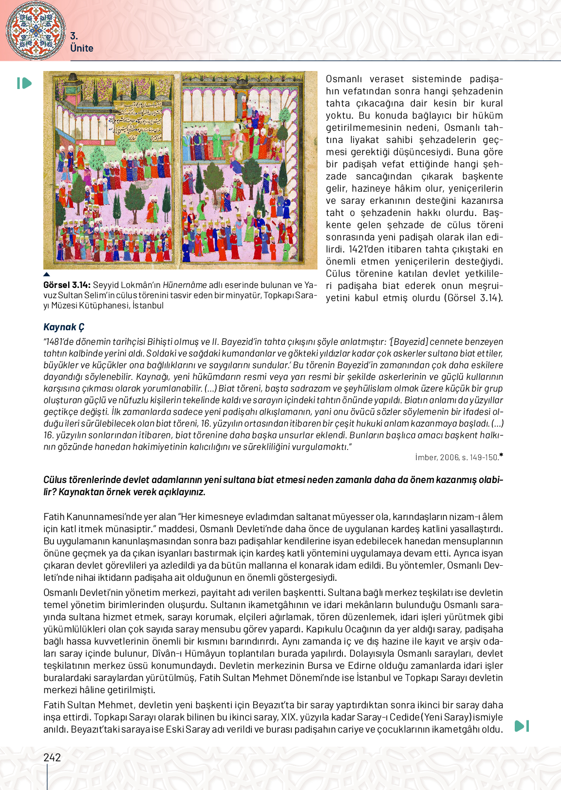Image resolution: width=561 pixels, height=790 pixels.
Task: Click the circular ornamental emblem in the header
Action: click(x=36, y=30)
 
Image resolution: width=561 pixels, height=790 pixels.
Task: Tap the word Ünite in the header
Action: click(x=81, y=48)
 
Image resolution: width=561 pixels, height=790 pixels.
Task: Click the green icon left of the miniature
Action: click(x=24, y=83)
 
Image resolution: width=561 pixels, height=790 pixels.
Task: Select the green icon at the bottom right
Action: click(x=522, y=726)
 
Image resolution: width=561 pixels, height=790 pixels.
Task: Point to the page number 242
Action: click(x=52, y=757)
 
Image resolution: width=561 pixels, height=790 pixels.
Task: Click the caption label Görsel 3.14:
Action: click(x=67, y=285)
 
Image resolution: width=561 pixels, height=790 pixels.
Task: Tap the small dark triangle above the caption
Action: click(x=47, y=275)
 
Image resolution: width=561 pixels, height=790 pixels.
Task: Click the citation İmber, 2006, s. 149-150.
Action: click(x=456, y=457)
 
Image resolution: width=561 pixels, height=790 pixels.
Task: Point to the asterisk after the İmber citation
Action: click(x=501, y=456)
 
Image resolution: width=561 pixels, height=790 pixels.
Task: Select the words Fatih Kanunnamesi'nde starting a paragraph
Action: click(x=89, y=517)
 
